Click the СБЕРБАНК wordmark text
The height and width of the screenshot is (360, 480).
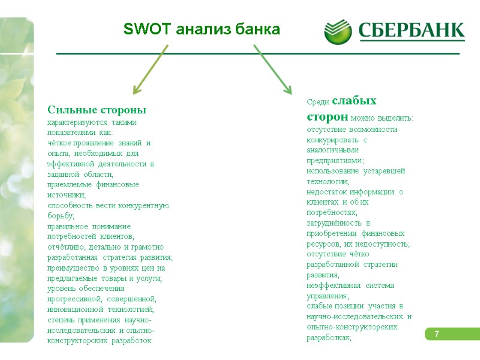(x=412, y=30)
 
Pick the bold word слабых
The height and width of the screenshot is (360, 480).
(x=355, y=100)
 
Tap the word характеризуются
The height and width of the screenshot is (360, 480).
(x=74, y=122)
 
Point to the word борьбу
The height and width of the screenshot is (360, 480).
(x=60, y=215)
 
